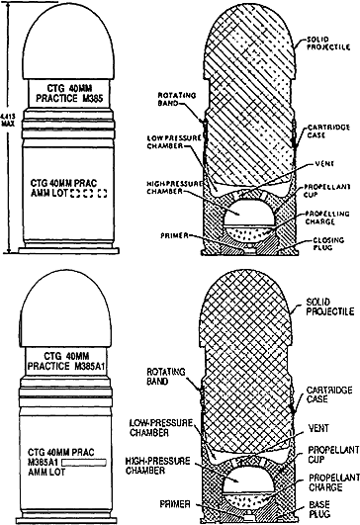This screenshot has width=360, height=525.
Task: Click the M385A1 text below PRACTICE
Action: [90, 366]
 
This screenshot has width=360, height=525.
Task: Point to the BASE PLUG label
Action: [319, 509]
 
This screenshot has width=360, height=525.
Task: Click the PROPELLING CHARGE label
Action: [327, 218]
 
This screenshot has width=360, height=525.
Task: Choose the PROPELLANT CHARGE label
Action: [334, 482]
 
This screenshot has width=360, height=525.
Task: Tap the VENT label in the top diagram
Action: [324, 164]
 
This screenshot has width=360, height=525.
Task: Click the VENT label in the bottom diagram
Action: [318, 428]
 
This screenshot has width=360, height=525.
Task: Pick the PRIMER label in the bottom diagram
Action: [175, 504]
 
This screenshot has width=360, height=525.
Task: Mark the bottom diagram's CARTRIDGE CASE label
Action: [329, 394]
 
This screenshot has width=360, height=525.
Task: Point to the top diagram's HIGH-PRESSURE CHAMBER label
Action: [174, 188]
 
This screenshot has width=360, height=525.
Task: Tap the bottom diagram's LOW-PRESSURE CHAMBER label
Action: [161, 428]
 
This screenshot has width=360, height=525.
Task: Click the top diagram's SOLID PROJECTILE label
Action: [328, 44]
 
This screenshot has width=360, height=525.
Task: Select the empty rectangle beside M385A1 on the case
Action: [84, 463]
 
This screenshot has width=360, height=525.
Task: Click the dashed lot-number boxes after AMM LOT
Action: [89, 193]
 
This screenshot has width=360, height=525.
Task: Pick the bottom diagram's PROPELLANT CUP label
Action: [333, 455]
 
